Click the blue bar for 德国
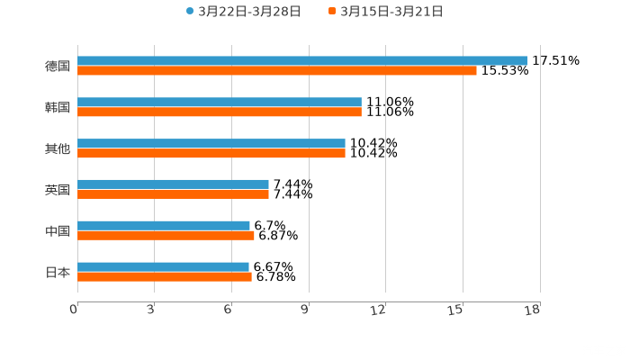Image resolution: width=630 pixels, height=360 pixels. (x=302, y=60)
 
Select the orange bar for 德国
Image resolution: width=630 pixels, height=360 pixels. (x=277, y=70)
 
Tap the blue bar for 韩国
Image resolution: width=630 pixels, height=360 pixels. (x=220, y=103)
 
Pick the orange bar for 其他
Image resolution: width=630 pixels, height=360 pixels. (x=211, y=154)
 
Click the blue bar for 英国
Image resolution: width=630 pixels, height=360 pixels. (x=173, y=184)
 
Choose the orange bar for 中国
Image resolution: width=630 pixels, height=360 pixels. (x=166, y=236)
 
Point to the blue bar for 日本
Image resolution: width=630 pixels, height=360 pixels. (x=163, y=266)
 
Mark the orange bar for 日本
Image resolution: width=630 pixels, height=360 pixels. (x=165, y=277)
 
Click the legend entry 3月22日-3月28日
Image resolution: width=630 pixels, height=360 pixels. (x=243, y=12)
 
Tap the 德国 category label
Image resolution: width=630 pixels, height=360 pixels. (x=58, y=66)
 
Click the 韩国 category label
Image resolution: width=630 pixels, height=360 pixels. (x=58, y=107)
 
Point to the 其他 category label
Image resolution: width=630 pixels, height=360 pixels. (x=58, y=148)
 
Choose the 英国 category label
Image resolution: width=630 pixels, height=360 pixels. (x=58, y=190)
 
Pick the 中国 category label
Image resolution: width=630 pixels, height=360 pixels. (x=58, y=231)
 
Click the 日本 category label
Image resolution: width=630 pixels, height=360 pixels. (x=58, y=272)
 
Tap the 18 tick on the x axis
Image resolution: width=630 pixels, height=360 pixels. (x=533, y=310)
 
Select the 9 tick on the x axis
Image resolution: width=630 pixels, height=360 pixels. (x=306, y=310)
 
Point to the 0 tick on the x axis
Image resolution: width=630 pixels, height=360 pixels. (x=75, y=310)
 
